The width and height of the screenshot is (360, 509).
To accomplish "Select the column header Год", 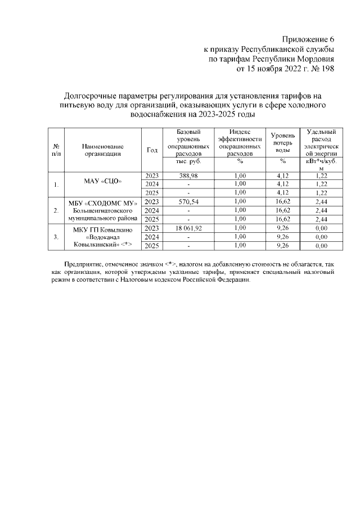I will point(151,150).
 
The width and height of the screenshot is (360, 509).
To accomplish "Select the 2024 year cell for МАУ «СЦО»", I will point(151,184).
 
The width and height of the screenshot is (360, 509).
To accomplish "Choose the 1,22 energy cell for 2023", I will point(321,176).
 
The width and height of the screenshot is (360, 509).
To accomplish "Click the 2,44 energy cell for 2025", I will point(321,219).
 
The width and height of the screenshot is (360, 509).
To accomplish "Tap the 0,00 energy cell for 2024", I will point(321,237).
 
